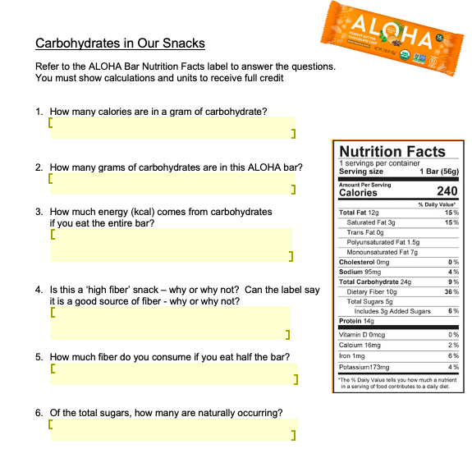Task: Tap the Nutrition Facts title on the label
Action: click(392, 151)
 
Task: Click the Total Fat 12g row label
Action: click(357, 213)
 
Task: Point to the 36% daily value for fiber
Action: click(451, 291)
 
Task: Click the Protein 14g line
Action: click(356, 321)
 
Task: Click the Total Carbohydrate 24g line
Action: click(374, 282)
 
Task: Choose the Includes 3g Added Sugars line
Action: click(392, 311)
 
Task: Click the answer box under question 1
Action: click(172, 127)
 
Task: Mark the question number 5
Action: click(39, 358)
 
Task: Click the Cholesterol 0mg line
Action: click(364, 262)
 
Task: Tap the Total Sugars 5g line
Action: click(370, 301)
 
